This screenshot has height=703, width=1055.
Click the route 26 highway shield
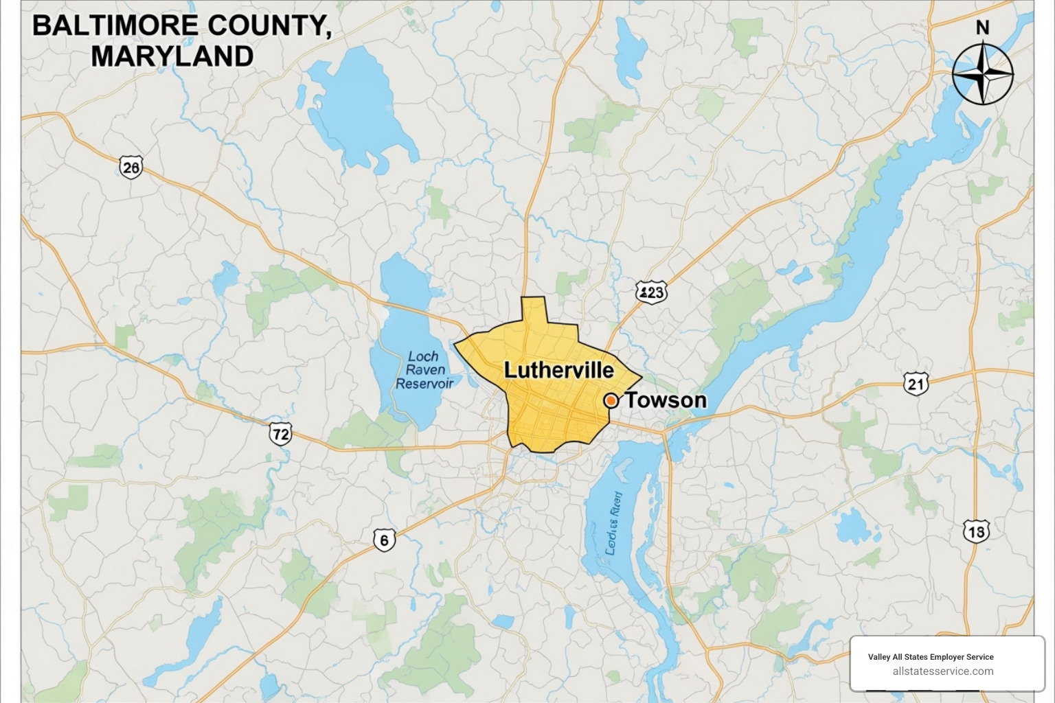[x=131, y=167]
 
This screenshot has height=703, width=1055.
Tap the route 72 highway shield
[x=280, y=433]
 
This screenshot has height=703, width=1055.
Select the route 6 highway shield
[x=384, y=540]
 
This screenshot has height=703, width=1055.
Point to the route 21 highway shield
[x=916, y=383]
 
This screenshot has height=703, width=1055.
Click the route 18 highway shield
[x=975, y=531]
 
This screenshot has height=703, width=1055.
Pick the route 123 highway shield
[x=650, y=292]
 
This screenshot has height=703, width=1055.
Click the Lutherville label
[x=558, y=370]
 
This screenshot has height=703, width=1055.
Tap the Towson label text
[x=666, y=400]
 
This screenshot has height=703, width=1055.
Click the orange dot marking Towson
[x=610, y=400]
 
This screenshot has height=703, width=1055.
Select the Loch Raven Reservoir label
[x=424, y=370]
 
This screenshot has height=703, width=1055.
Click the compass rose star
[x=983, y=73]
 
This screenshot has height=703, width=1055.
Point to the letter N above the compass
[x=983, y=28]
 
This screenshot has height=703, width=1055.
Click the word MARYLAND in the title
[x=172, y=56]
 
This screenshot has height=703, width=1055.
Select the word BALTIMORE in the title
[x=115, y=26]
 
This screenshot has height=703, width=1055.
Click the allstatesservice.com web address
[x=942, y=671]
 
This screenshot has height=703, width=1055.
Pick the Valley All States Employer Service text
[x=931, y=657]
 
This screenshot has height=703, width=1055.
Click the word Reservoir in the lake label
[x=424, y=384]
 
